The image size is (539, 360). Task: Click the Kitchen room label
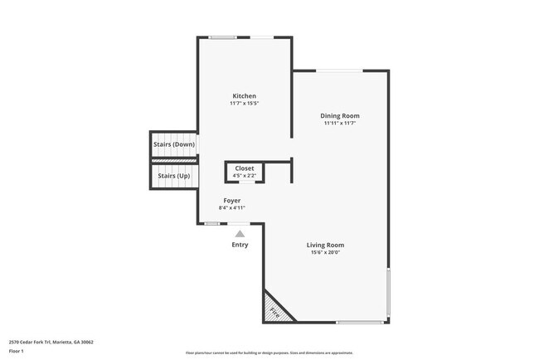pos(244,96)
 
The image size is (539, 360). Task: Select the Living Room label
pos(325,245)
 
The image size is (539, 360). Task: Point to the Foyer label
pos(232,201)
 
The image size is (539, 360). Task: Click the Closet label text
pos(245,168)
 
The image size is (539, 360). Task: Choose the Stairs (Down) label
pos(173,144)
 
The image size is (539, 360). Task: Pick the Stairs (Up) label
pos(173,176)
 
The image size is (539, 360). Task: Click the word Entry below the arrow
pos(240,245)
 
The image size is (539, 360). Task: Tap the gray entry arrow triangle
pos(240,234)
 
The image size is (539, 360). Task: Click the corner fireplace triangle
pos(274,310)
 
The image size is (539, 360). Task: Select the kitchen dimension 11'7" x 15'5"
pos(244,104)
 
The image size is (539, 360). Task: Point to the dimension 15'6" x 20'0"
pos(325,252)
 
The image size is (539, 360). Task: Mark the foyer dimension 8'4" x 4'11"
pos(232,208)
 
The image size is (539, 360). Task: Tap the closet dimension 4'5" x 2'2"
pos(245,175)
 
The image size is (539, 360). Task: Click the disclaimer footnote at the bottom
pos(269,353)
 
